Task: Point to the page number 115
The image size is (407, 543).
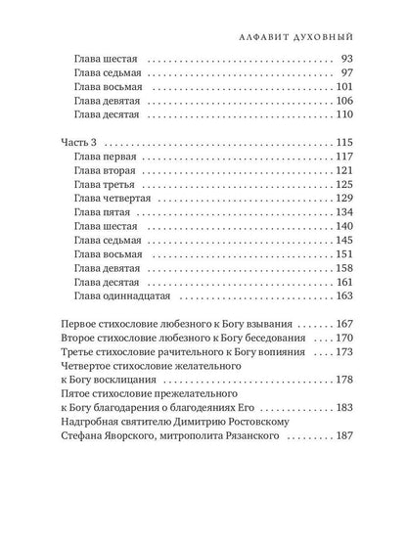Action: coord(339,145)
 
